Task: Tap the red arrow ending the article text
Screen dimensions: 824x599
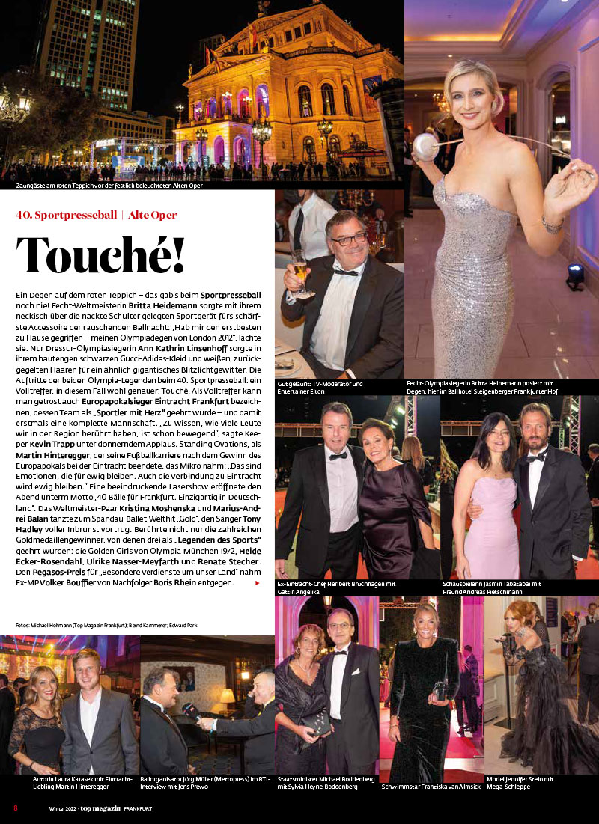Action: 258,582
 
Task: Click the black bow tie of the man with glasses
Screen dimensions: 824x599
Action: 346,271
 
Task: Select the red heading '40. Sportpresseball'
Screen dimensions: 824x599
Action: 66,215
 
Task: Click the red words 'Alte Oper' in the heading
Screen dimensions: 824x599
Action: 153,215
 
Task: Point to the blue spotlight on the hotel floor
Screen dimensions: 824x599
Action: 575,275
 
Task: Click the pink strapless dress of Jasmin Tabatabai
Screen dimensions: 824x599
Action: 490,524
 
